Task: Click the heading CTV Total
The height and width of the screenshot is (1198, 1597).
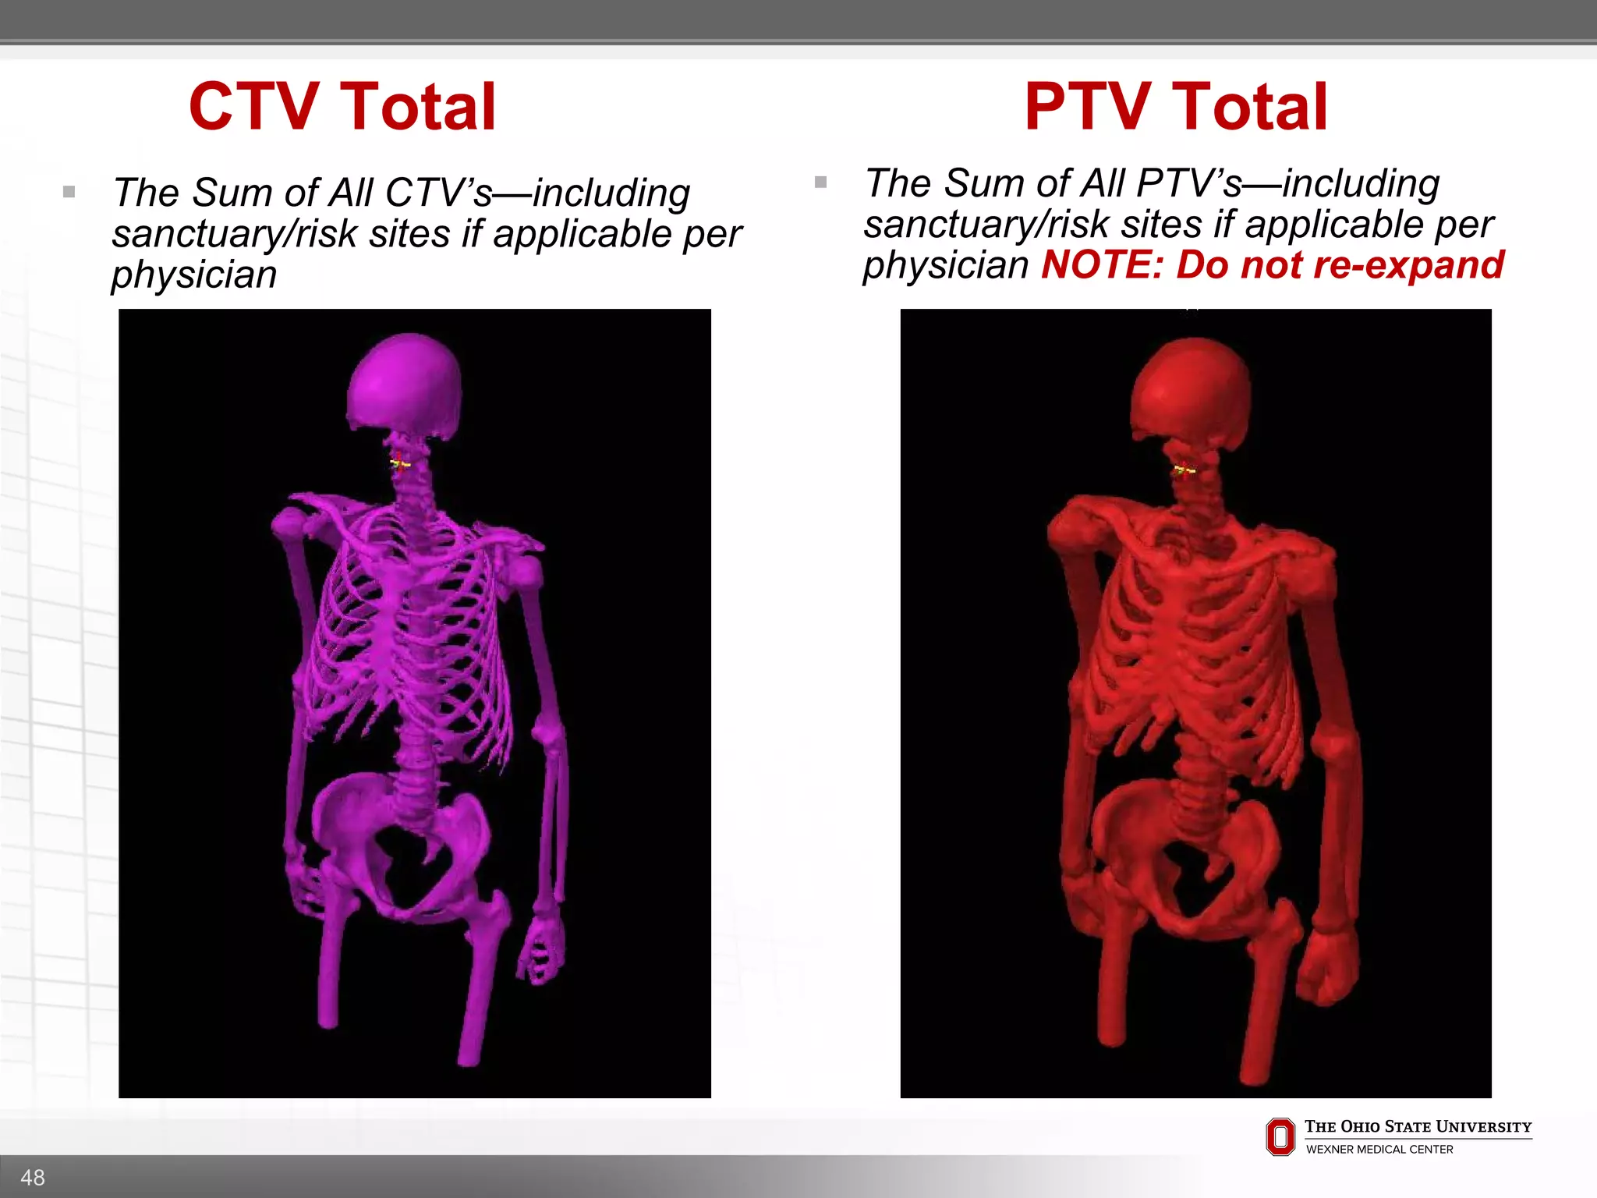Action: tap(342, 107)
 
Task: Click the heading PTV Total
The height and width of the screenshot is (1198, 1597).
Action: tap(1175, 107)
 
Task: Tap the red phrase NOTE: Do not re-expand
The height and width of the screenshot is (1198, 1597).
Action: tap(1272, 265)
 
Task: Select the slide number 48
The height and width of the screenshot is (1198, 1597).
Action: tap(33, 1177)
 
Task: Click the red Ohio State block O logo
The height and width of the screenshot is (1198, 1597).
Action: tap(1280, 1136)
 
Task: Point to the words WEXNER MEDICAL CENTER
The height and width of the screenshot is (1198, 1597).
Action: tap(1379, 1150)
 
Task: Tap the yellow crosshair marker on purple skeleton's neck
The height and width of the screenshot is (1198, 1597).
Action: tap(400, 464)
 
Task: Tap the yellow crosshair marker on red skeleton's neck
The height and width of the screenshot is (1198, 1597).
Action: tap(1184, 470)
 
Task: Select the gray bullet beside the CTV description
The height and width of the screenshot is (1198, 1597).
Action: tap(69, 192)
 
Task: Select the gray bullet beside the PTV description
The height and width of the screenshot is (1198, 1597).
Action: tap(820, 183)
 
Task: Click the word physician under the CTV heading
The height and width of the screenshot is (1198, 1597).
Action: tap(194, 275)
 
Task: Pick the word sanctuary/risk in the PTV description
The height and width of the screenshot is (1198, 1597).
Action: tap(986, 225)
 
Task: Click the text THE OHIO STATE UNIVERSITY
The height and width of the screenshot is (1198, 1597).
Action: tap(1418, 1126)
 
